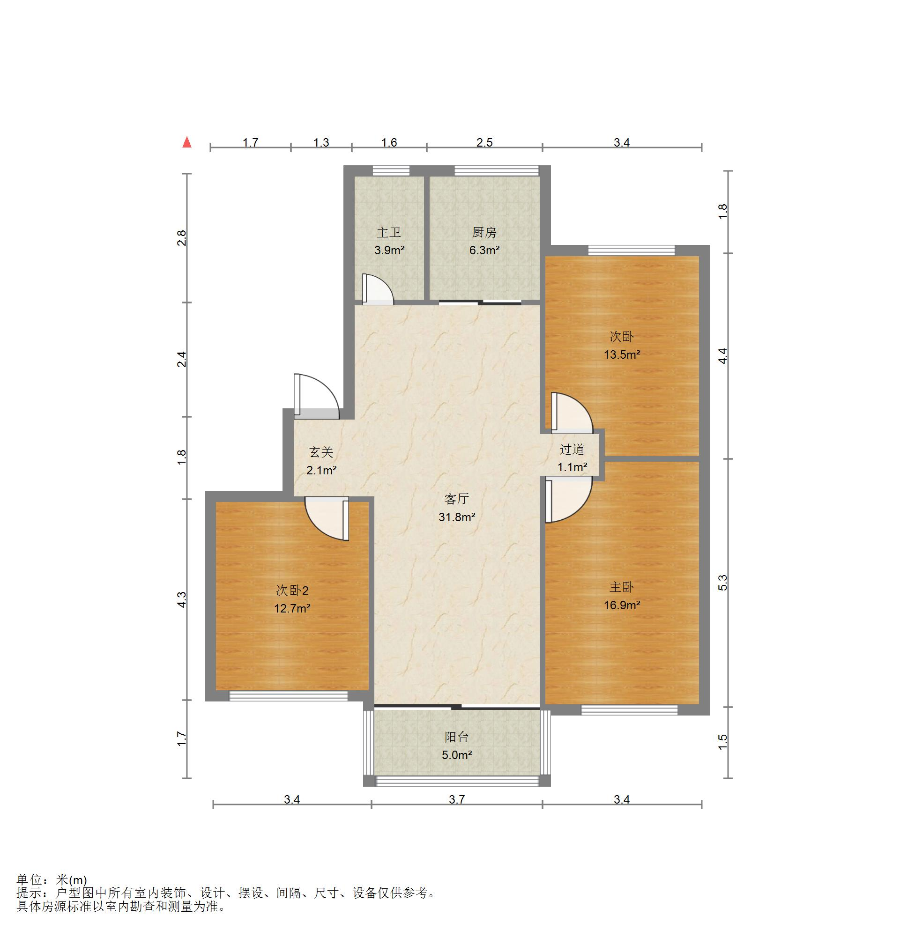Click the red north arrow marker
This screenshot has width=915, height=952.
coord(186,142)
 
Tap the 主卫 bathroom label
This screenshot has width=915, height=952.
coord(389,233)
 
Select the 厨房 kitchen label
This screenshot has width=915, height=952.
coord(484,233)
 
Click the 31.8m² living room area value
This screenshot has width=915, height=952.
coord(457,517)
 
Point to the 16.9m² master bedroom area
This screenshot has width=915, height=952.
coord(622,605)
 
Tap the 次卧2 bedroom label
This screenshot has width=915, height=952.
coord(292,590)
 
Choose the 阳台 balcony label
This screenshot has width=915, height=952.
coord(457,737)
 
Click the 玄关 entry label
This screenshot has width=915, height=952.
coord(321,452)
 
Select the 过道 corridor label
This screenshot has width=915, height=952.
coord(572,449)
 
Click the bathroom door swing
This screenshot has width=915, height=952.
coord(377,289)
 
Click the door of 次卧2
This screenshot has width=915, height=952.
coord(327,518)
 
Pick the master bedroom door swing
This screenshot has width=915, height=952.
coord(568,500)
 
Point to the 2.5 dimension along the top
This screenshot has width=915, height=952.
coord(484,142)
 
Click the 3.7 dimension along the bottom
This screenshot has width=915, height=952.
coord(457,799)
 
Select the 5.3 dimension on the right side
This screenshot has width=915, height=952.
coord(722,583)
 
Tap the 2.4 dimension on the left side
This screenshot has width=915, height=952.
coord(181,360)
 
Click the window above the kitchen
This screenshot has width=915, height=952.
coord(497,170)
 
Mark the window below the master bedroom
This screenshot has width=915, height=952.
coord(629,710)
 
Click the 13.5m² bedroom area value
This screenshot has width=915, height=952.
coord(622,354)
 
